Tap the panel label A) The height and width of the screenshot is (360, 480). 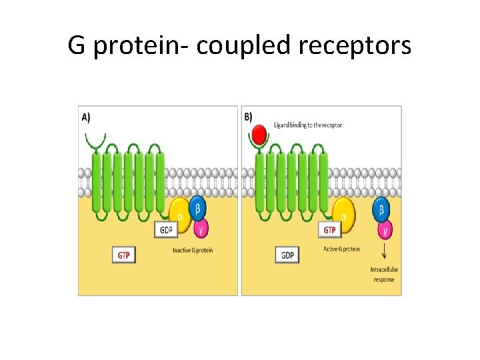point(87,117)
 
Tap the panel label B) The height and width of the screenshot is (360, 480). point(249,117)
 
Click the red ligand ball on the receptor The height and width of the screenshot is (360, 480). point(259,137)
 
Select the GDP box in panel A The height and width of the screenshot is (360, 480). point(167,229)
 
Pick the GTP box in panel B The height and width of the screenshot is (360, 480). point(329,230)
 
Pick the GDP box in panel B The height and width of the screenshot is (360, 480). point(287,255)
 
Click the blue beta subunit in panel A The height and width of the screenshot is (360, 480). point(197,207)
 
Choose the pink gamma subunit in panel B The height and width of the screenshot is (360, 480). point(385,230)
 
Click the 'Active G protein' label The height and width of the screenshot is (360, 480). point(339,249)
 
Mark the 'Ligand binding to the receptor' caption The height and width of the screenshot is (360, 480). point(308,125)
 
